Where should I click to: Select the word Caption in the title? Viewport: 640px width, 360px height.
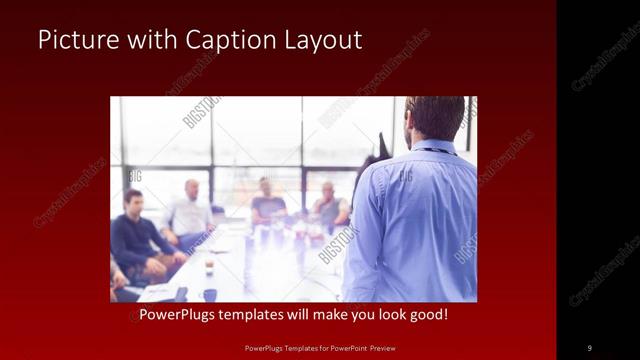[x=220, y=40]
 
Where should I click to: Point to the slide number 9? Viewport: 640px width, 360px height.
[x=589, y=347]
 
